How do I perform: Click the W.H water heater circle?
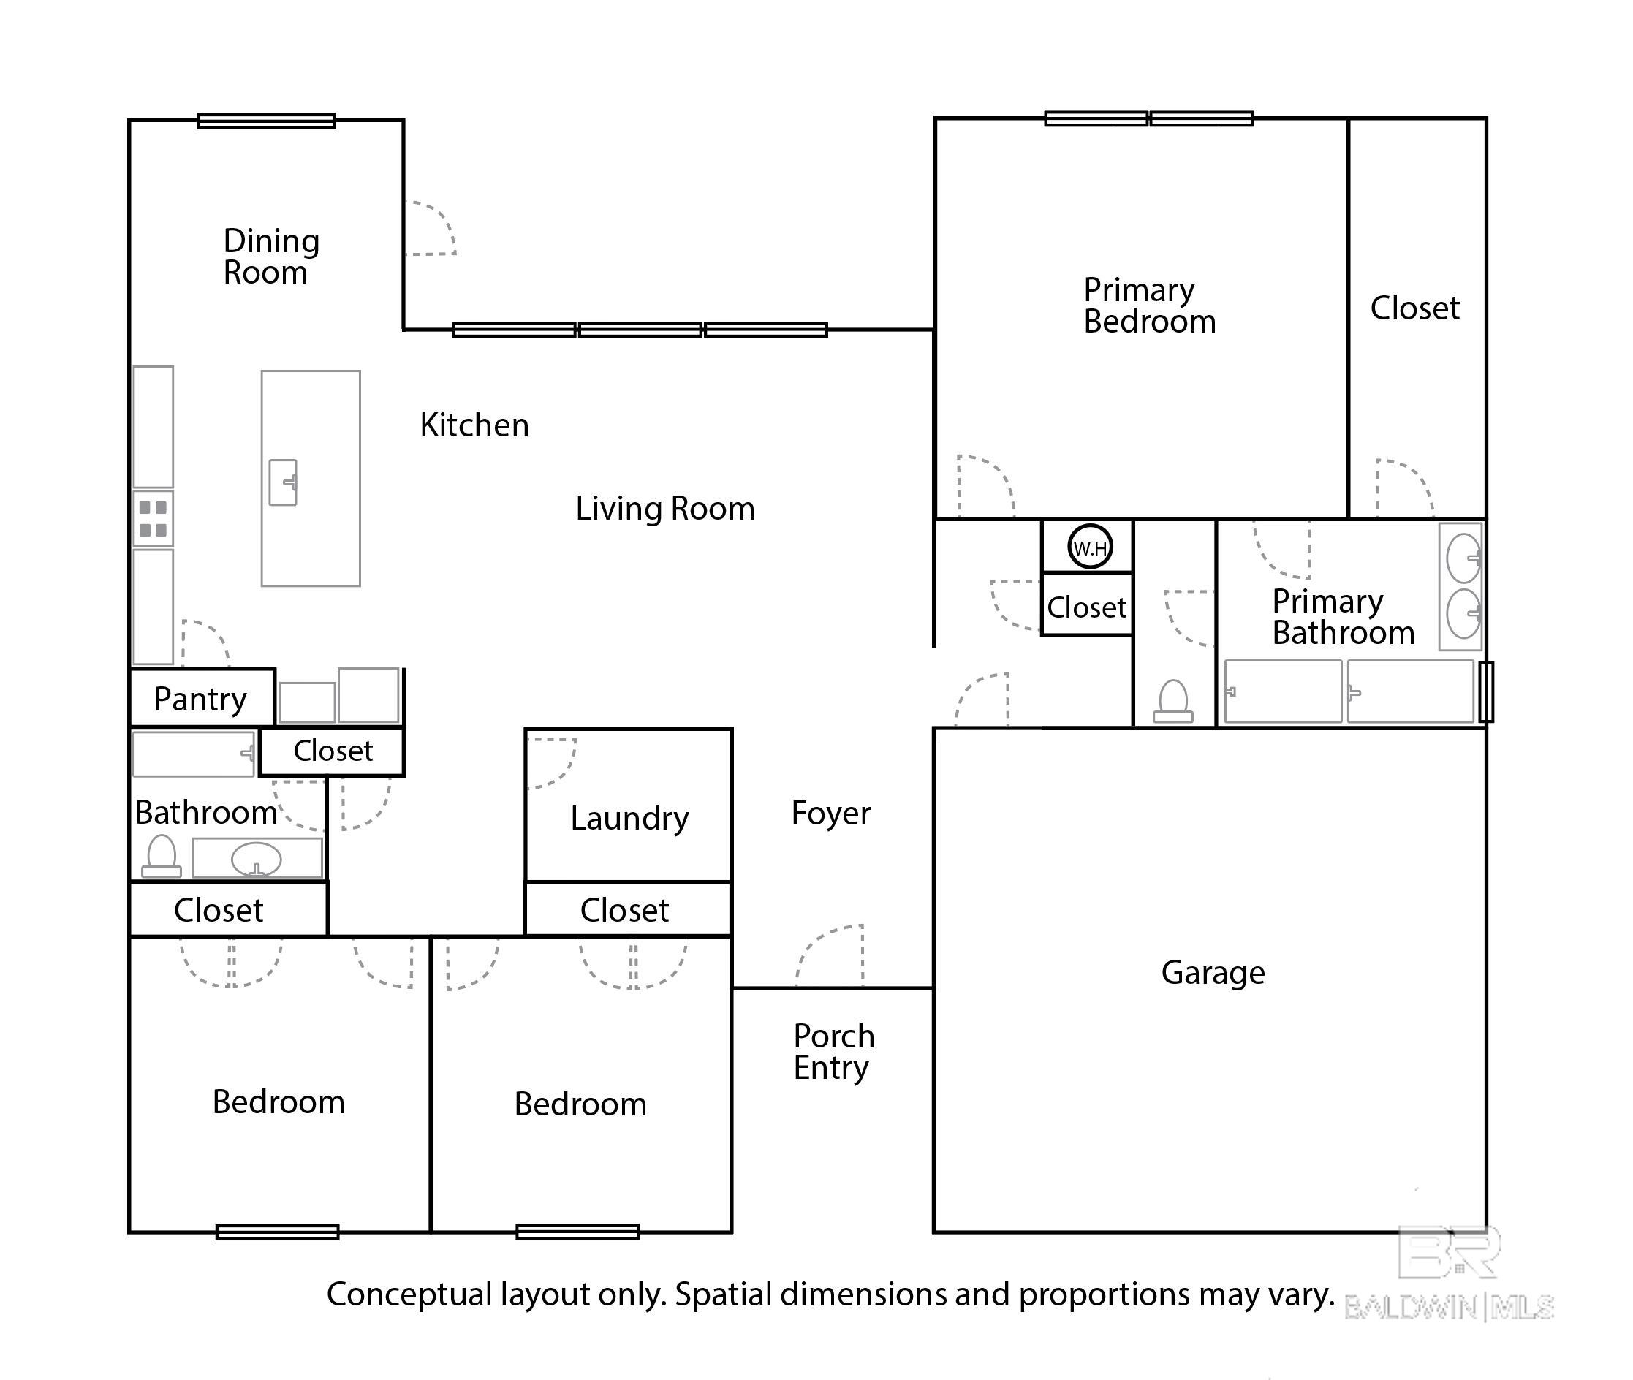[1089, 547]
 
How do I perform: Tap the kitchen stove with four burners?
[153, 518]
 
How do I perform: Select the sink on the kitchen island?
[283, 482]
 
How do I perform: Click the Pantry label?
[200, 699]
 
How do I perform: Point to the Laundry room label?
[629, 819]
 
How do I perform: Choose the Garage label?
[1213, 972]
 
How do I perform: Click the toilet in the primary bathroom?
[1173, 701]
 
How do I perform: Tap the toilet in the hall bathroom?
[162, 856]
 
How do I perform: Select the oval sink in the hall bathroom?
[256, 859]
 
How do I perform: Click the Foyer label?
[830, 814]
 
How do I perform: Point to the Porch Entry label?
[833, 1051]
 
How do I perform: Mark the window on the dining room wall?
[266, 121]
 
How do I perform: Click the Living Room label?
[665, 509]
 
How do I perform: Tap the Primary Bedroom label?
[1149, 306]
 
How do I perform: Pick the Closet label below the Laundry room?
[624, 910]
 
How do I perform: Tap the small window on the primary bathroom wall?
[1486, 691]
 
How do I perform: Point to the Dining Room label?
[270, 257]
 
